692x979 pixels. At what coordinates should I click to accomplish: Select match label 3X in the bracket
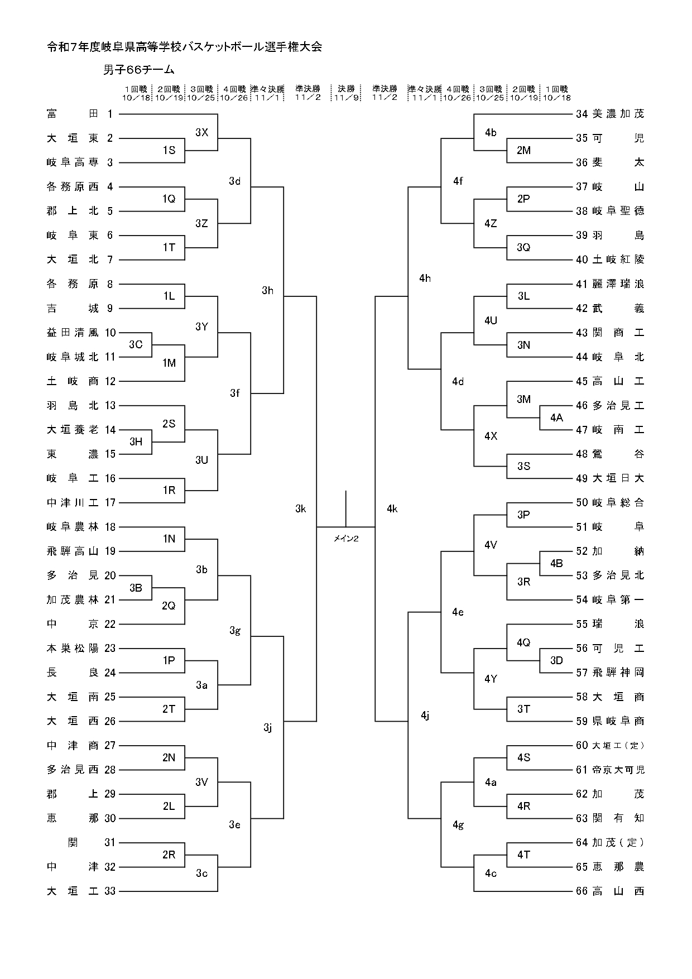coord(201,132)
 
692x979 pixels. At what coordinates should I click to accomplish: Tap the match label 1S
coord(169,150)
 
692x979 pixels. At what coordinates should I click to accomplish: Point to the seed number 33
coord(109,891)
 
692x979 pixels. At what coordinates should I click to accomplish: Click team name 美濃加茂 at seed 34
coord(618,114)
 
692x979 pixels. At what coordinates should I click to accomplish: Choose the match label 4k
coord(392,508)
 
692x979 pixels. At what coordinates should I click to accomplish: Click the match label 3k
coord(300,508)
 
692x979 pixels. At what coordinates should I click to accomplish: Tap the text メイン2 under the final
coord(346,538)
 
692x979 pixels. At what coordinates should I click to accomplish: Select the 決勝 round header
coord(346,89)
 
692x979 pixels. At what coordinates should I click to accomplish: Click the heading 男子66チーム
coord(139,70)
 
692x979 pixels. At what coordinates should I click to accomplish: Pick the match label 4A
coord(556,417)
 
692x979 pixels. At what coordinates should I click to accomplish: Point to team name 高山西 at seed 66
coord(618,891)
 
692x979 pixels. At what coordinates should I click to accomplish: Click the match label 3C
coord(136,344)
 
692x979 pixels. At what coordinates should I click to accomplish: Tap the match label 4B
coord(556,563)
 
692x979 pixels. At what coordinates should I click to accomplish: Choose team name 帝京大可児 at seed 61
coord(618,770)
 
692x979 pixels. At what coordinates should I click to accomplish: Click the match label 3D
coord(556,660)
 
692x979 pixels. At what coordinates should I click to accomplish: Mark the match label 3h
coord(267,290)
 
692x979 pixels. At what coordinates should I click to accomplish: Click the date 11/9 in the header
coord(346,98)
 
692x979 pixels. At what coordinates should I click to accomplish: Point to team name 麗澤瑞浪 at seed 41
coord(618,284)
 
